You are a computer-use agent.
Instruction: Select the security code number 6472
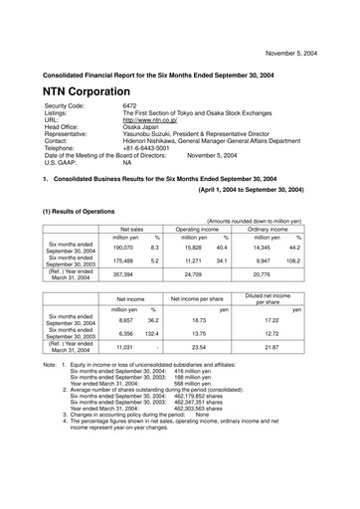tap(130, 104)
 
